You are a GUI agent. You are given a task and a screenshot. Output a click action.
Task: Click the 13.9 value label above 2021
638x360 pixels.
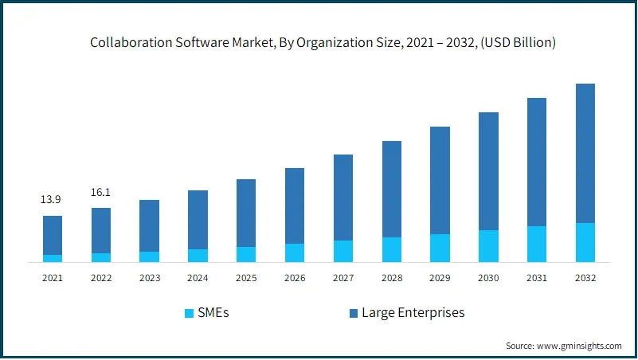point(53,199)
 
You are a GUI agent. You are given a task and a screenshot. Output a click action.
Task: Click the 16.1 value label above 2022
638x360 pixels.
point(101,192)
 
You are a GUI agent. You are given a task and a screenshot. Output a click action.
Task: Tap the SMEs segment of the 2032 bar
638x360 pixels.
point(585,242)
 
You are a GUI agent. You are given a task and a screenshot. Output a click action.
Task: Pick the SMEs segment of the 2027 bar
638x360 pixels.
point(343,251)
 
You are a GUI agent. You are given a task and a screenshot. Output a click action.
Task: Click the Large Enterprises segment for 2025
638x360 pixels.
point(246,213)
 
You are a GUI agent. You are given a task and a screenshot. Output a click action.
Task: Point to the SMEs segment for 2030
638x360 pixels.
point(488,245)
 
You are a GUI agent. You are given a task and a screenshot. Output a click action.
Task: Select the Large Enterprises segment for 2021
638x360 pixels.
point(53,235)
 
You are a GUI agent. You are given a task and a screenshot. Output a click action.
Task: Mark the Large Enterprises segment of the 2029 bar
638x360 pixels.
point(440,180)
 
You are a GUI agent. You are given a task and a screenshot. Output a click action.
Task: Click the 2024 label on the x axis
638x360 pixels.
point(198,278)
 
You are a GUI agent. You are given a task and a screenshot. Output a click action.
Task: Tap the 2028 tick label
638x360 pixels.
point(391,278)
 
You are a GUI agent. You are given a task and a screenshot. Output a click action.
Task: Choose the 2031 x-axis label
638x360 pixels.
point(537,278)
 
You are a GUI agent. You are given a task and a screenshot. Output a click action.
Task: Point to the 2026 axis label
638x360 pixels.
point(295,278)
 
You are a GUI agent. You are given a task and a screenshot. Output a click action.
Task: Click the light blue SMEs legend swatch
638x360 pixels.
point(189,313)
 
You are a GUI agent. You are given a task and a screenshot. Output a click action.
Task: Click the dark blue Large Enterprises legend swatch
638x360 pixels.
point(352,313)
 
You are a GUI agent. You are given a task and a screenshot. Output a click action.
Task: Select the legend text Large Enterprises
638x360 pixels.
point(413,313)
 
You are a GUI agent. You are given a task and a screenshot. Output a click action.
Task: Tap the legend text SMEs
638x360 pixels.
point(213,313)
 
